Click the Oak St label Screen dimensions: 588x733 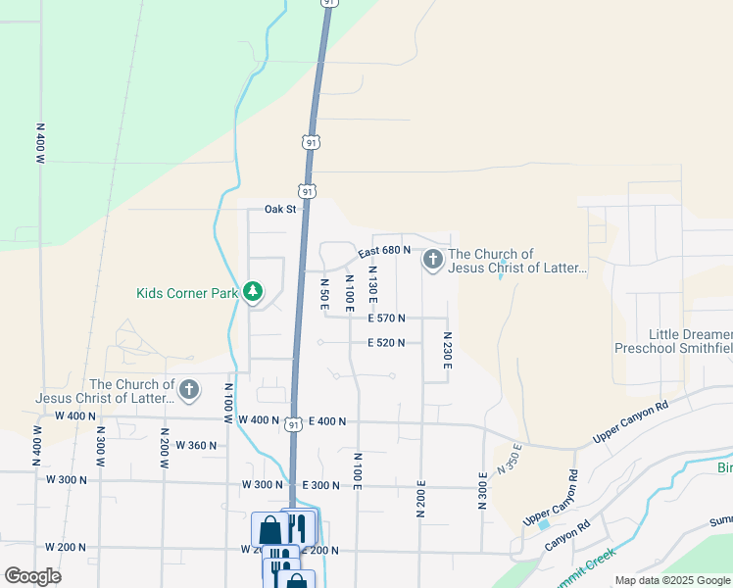click(279, 209)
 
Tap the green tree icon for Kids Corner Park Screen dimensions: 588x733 click(253, 291)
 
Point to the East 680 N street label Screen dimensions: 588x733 click(383, 250)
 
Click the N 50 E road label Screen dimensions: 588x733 click(324, 294)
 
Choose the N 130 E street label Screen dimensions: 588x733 click(373, 280)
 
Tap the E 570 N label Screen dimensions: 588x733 click(387, 318)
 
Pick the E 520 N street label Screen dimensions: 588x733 click(387, 343)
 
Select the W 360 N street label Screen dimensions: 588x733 click(196, 445)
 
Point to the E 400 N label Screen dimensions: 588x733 click(327, 421)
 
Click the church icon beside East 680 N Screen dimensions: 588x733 click(432, 260)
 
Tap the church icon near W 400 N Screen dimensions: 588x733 click(188, 391)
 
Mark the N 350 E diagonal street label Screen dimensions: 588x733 click(510, 458)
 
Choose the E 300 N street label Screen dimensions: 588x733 click(320, 485)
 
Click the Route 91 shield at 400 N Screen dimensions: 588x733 click(293, 424)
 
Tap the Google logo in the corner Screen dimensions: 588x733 click(32, 576)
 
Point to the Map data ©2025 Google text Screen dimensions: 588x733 click(671, 580)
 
